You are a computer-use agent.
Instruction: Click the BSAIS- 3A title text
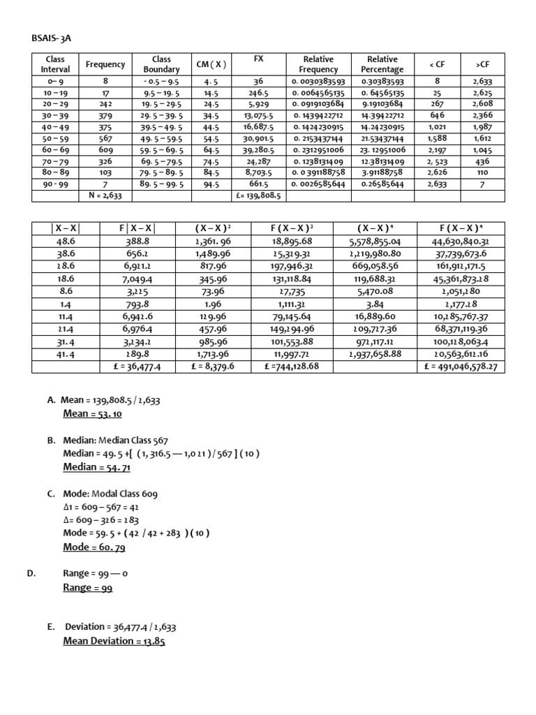pos(51,38)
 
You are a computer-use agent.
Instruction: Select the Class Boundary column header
pos(161,64)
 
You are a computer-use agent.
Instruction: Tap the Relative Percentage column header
pos(382,64)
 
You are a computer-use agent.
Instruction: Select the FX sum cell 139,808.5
pos(259,196)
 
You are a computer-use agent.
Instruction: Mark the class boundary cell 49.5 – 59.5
pos(161,138)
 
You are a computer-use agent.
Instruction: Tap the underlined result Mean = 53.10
pos(92,413)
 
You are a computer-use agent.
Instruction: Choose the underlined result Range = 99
pos(87,587)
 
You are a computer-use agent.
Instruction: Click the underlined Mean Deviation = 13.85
pos(114,640)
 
